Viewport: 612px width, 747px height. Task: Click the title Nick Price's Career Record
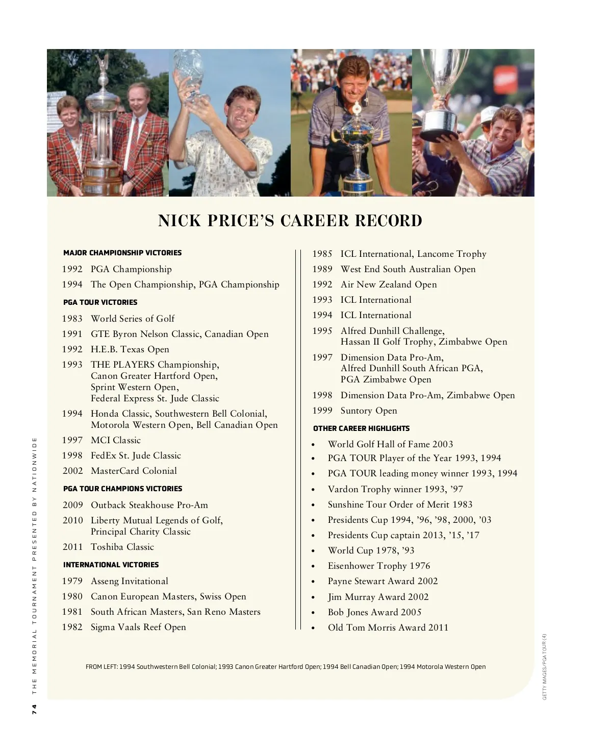[x=290, y=221]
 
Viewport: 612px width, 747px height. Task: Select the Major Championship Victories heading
[x=122, y=253]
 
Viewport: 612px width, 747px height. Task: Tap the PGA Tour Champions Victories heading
[x=122, y=489]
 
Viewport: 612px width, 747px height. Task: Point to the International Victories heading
[x=111, y=565]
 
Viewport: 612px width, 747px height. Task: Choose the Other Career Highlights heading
[x=361, y=428]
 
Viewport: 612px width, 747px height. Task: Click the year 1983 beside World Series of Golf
[x=72, y=319]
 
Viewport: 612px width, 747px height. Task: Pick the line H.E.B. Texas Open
[x=130, y=349]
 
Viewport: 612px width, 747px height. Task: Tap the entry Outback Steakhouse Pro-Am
[x=149, y=505]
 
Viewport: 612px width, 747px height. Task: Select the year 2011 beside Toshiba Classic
[x=72, y=547]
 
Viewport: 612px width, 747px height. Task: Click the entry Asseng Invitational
[x=129, y=581]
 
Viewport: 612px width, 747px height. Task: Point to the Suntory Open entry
[x=368, y=411]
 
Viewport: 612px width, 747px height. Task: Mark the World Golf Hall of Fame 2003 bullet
[x=390, y=444]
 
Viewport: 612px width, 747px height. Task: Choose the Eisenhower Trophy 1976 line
[x=378, y=566]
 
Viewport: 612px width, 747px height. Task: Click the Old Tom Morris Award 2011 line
[x=388, y=628]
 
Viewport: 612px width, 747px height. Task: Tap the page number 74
[x=34, y=709]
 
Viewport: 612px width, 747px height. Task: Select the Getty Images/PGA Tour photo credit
[x=545, y=666]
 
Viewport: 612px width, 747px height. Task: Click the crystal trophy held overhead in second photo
[x=188, y=77]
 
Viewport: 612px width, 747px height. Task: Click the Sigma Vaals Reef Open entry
[x=138, y=627]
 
